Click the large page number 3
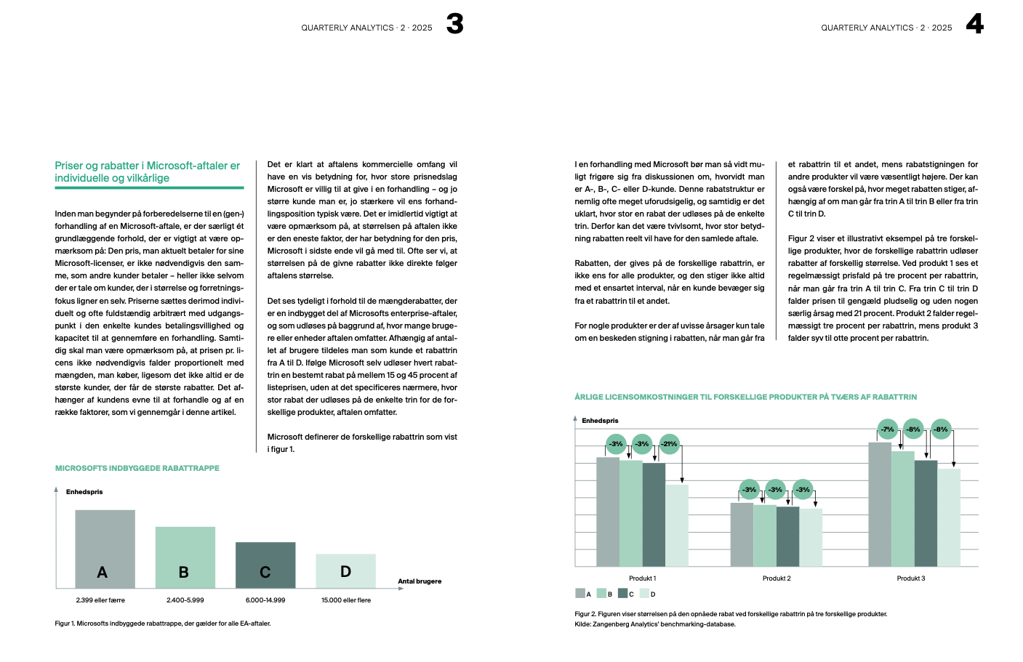pos(454,24)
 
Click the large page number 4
pos(974,24)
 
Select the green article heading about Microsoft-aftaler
pos(148,171)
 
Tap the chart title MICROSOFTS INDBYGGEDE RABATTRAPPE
pos(137,468)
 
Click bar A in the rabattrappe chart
pos(105,549)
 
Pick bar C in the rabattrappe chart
pos(265,565)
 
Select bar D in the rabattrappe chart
pos(345,570)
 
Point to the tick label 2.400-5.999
pos(185,600)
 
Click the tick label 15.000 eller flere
pos(346,600)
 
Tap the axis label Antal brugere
pos(420,581)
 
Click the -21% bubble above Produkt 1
pos(669,444)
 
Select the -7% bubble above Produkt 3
pos(887,429)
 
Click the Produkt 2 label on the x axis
pos(777,578)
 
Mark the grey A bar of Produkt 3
pos(880,504)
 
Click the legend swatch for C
pos(623,594)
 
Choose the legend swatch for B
pos(602,594)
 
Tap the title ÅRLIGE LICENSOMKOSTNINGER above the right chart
pos(745,397)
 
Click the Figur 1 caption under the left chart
pos(163,623)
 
